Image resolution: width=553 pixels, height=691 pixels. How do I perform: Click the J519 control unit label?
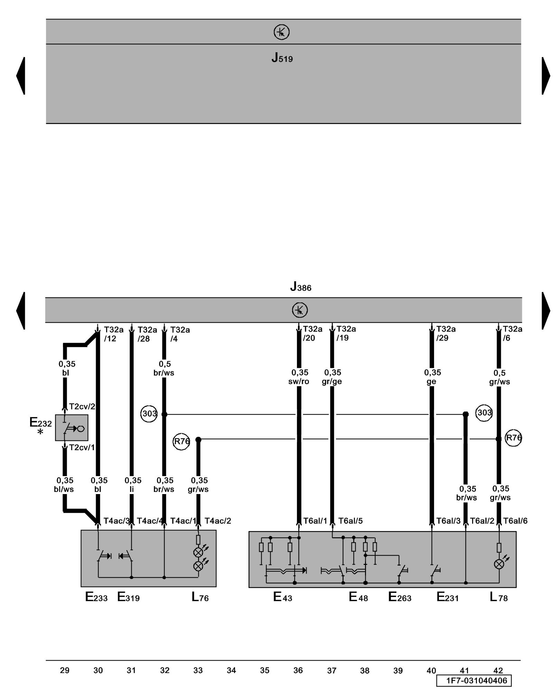pos(282,58)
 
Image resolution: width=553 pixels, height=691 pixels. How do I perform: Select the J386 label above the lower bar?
pos(301,286)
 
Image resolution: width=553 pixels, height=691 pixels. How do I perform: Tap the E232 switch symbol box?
pos(72,428)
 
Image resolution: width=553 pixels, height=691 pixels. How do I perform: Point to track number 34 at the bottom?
pos(231,670)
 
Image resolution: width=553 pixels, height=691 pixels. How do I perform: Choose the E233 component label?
pos(96,597)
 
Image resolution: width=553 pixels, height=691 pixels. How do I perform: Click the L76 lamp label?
pos(200,597)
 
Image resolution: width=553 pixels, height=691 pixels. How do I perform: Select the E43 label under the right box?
pos(283,597)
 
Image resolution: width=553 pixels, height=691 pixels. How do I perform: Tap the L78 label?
pos(499,597)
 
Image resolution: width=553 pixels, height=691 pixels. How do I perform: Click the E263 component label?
pos(400,597)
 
